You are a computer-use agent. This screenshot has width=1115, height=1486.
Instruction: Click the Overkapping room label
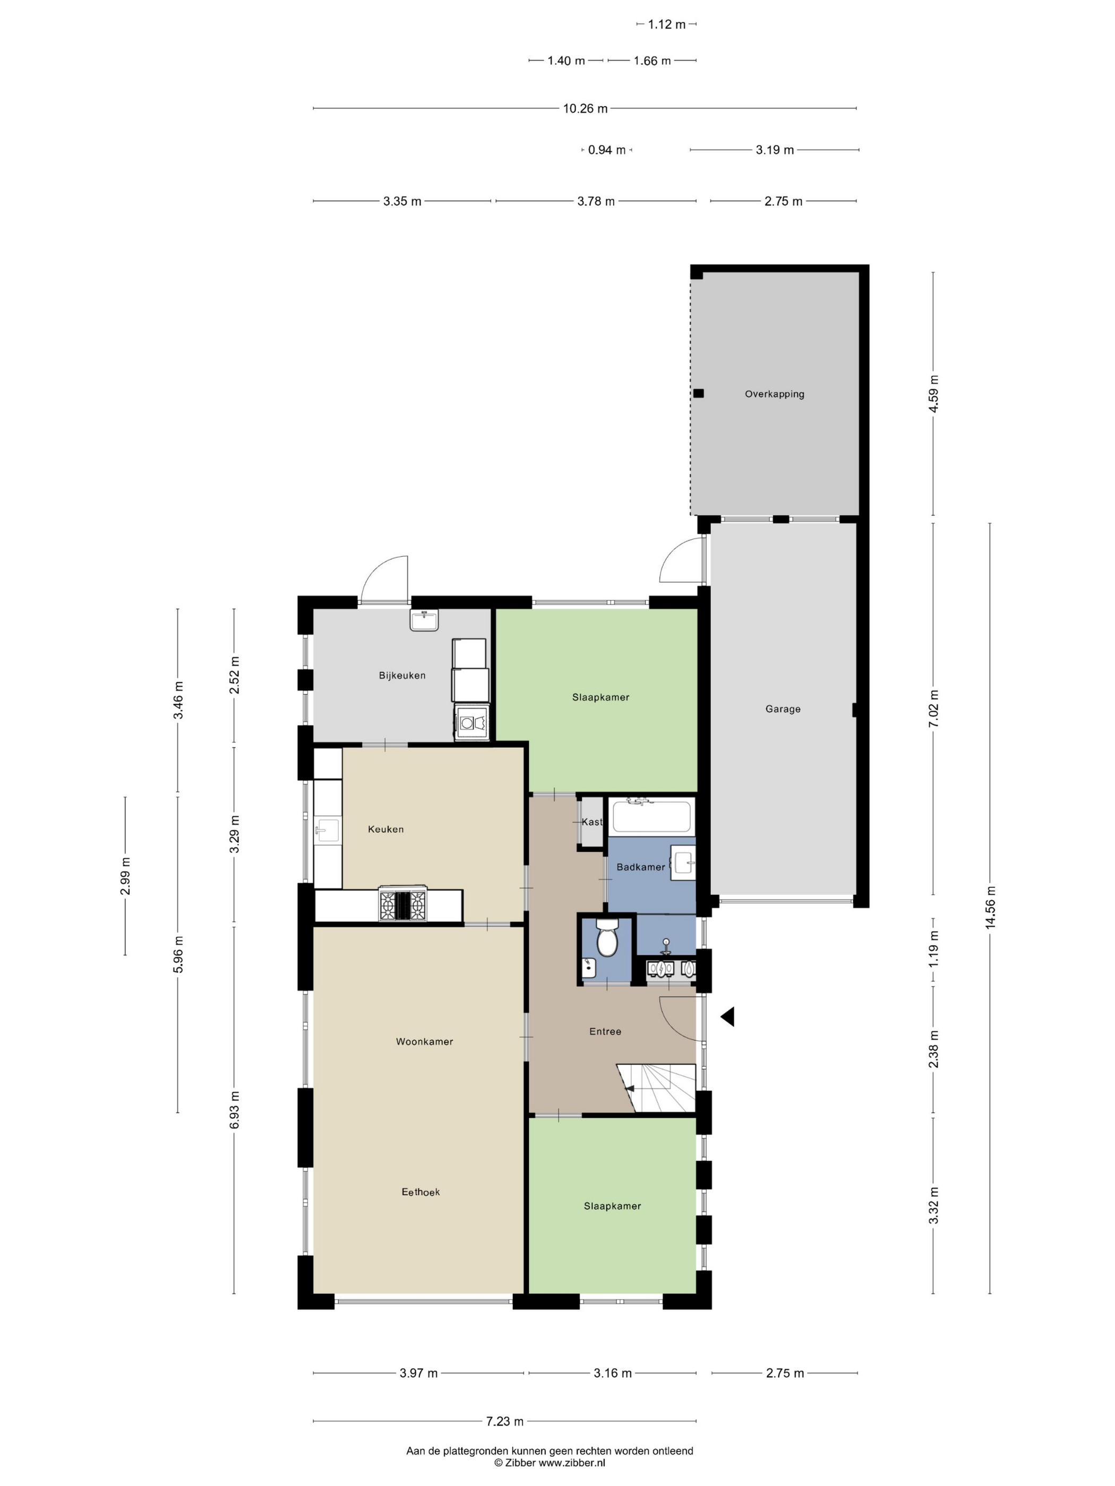(x=774, y=394)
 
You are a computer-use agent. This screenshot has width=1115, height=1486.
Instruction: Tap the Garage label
(x=783, y=709)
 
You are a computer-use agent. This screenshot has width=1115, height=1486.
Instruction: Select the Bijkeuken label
(x=402, y=675)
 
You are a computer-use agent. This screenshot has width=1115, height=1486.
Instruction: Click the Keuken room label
(x=386, y=829)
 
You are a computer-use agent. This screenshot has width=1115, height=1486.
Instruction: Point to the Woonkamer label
(x=424, y=1041)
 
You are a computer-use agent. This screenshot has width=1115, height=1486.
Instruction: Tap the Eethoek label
(x=421, y=1192)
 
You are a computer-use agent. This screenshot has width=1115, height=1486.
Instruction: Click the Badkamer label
(x=640, y=867)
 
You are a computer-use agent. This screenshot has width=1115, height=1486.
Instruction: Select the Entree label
(x=605, y=1031)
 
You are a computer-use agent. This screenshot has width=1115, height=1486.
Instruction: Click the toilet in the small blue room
(x=607, y=937)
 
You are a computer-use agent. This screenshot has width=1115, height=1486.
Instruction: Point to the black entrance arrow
(x=727, y=1017)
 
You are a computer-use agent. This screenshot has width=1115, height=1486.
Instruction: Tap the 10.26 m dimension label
(x=585, y=108)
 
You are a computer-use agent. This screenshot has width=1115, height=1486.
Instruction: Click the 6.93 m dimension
(x=234, y=1110)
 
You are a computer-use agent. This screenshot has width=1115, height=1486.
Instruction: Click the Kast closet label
(x=592, y=822)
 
